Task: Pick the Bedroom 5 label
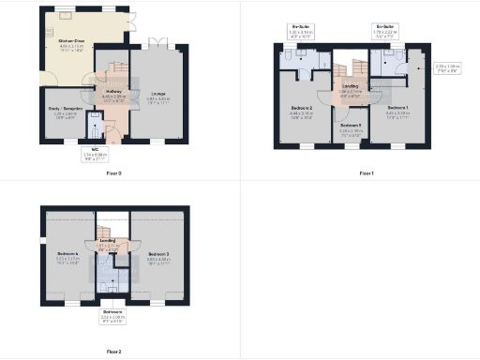(x=350, y=127)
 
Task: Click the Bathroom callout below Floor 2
(x=112, y=316)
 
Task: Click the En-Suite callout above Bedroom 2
(x=301, y=30)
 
